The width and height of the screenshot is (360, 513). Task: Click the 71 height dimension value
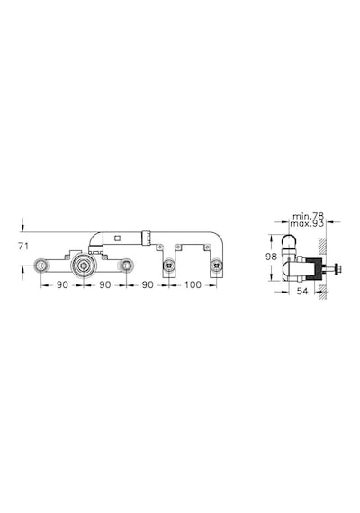point(23,247)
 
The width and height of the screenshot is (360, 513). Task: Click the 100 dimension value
point(193,284)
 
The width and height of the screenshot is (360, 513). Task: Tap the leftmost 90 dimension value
point(62,284)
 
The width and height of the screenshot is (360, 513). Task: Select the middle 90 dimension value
point(104,284)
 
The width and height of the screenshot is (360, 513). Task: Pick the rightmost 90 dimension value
point(148,284)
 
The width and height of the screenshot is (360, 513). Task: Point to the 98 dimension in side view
point(271,256)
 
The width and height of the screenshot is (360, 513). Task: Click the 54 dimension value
point(301,291)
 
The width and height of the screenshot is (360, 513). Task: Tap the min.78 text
point(308,216)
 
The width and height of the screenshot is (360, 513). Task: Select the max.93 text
point(307,224)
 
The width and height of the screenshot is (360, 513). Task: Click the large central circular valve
point(84,265)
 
